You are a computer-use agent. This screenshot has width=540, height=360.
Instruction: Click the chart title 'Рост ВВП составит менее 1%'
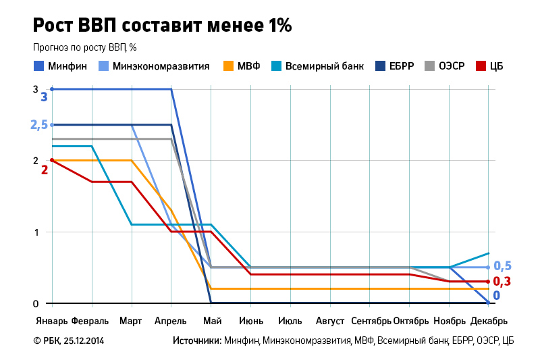[162, 26]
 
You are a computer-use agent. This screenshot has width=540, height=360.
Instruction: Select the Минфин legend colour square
[38, 66]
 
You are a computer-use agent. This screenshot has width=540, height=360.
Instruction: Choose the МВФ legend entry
[248, 66]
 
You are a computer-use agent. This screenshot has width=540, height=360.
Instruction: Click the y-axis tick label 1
[36, 232]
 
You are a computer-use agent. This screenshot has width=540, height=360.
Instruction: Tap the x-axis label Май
[211, 320]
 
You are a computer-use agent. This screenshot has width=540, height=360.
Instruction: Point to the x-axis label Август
[330, 320]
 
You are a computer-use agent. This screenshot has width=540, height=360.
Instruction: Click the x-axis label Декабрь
[489, 320]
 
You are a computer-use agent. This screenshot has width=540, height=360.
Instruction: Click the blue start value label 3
[45, 97]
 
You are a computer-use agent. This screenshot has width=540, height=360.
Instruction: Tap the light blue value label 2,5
[39, 125]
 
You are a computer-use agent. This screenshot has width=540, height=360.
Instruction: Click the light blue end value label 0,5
[502, 266]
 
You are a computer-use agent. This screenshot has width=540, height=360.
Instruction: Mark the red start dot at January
[52, 160]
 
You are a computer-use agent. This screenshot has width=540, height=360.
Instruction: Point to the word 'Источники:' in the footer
[196, 341]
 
